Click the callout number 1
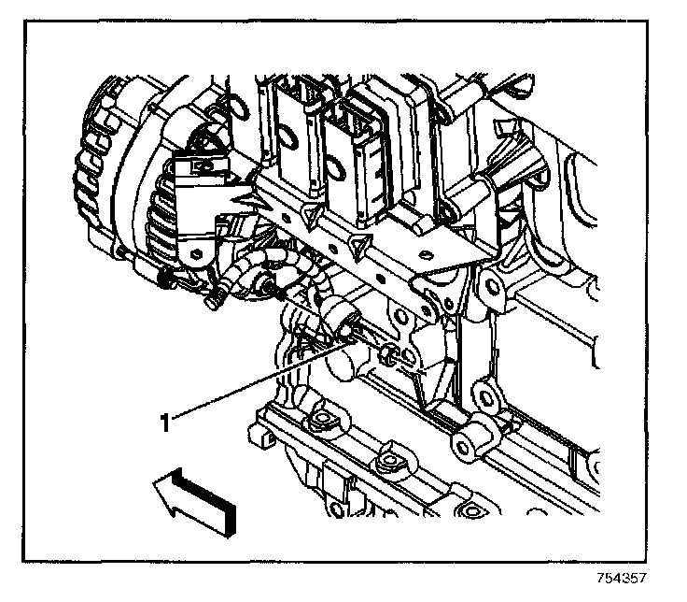[x=166, y=423]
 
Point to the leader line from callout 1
[x=252, y=383]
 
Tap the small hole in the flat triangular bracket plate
[x=429, y=252]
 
